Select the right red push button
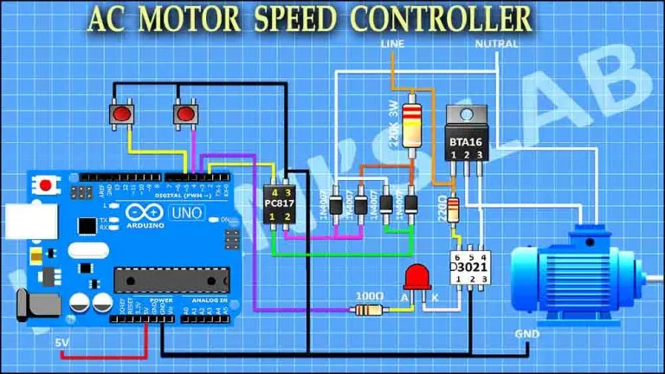[184, 114]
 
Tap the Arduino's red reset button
[44, 184]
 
